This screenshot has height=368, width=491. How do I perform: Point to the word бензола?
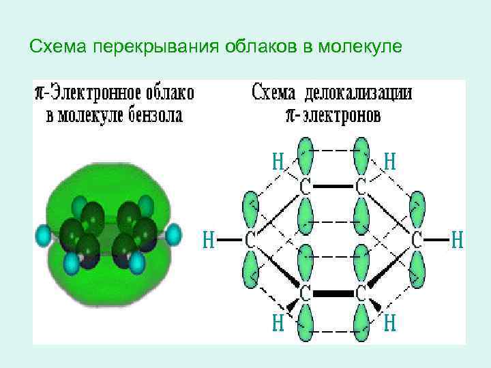[155, 114]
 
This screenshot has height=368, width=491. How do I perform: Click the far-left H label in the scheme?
[209, 239]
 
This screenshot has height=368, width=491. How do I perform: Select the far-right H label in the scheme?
[459, 239]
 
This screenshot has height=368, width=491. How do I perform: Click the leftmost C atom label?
[250, 239]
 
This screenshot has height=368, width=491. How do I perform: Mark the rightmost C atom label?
[417, 239]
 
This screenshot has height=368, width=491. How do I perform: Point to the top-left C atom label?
[306, 185]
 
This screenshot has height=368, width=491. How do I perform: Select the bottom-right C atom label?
[361, 294]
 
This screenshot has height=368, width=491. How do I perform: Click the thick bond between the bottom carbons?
[333, 294]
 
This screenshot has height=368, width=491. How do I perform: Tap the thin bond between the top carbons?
[333, 185]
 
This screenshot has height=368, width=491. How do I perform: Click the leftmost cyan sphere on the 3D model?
[44, 236]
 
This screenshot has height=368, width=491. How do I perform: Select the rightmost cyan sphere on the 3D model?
[173, 234]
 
